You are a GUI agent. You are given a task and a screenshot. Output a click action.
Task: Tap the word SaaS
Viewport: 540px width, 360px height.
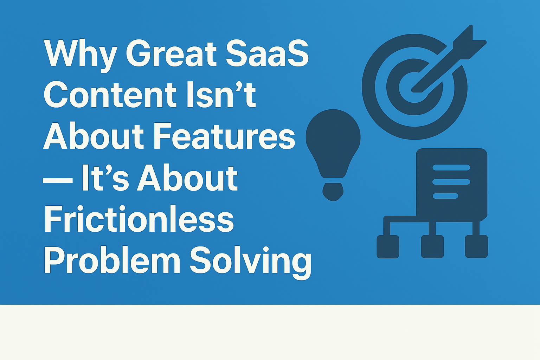267,53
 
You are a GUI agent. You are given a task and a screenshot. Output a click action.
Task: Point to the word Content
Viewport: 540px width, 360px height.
110,95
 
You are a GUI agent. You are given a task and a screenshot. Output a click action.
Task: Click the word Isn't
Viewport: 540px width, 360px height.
221,95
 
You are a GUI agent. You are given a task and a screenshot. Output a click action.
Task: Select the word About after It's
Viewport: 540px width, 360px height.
187,178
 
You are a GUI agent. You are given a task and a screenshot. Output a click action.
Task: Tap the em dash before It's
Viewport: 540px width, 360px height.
58,180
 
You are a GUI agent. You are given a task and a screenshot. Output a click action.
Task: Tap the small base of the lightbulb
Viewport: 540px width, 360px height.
333,192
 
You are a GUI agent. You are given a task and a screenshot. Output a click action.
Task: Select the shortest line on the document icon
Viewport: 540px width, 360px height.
445,196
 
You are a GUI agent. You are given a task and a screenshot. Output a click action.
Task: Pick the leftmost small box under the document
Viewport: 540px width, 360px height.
388,247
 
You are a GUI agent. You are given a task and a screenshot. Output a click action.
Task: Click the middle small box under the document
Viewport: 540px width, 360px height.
432,247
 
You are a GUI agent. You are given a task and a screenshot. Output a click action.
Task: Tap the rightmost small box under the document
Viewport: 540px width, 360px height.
476,246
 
